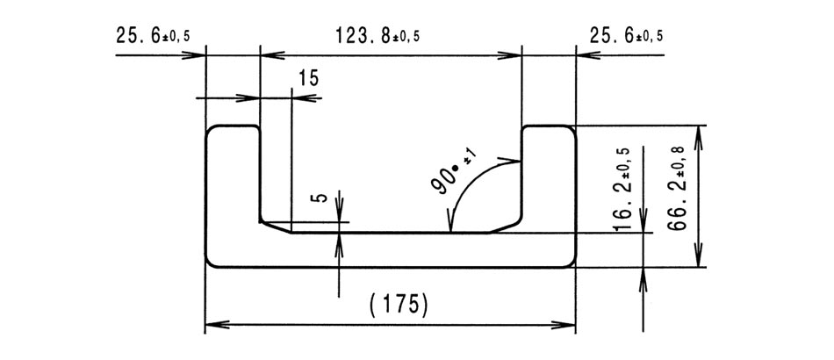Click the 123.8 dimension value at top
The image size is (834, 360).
(377, 36)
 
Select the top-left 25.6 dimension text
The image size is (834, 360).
(153, 36)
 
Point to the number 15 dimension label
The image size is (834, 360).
(308, 78)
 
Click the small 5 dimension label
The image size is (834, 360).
(319, 198)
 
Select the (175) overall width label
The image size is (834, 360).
(399, 306)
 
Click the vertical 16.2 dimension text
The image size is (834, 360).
(622, 188)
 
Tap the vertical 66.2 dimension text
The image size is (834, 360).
(677, 188)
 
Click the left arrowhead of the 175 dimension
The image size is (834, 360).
(217, 324)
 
